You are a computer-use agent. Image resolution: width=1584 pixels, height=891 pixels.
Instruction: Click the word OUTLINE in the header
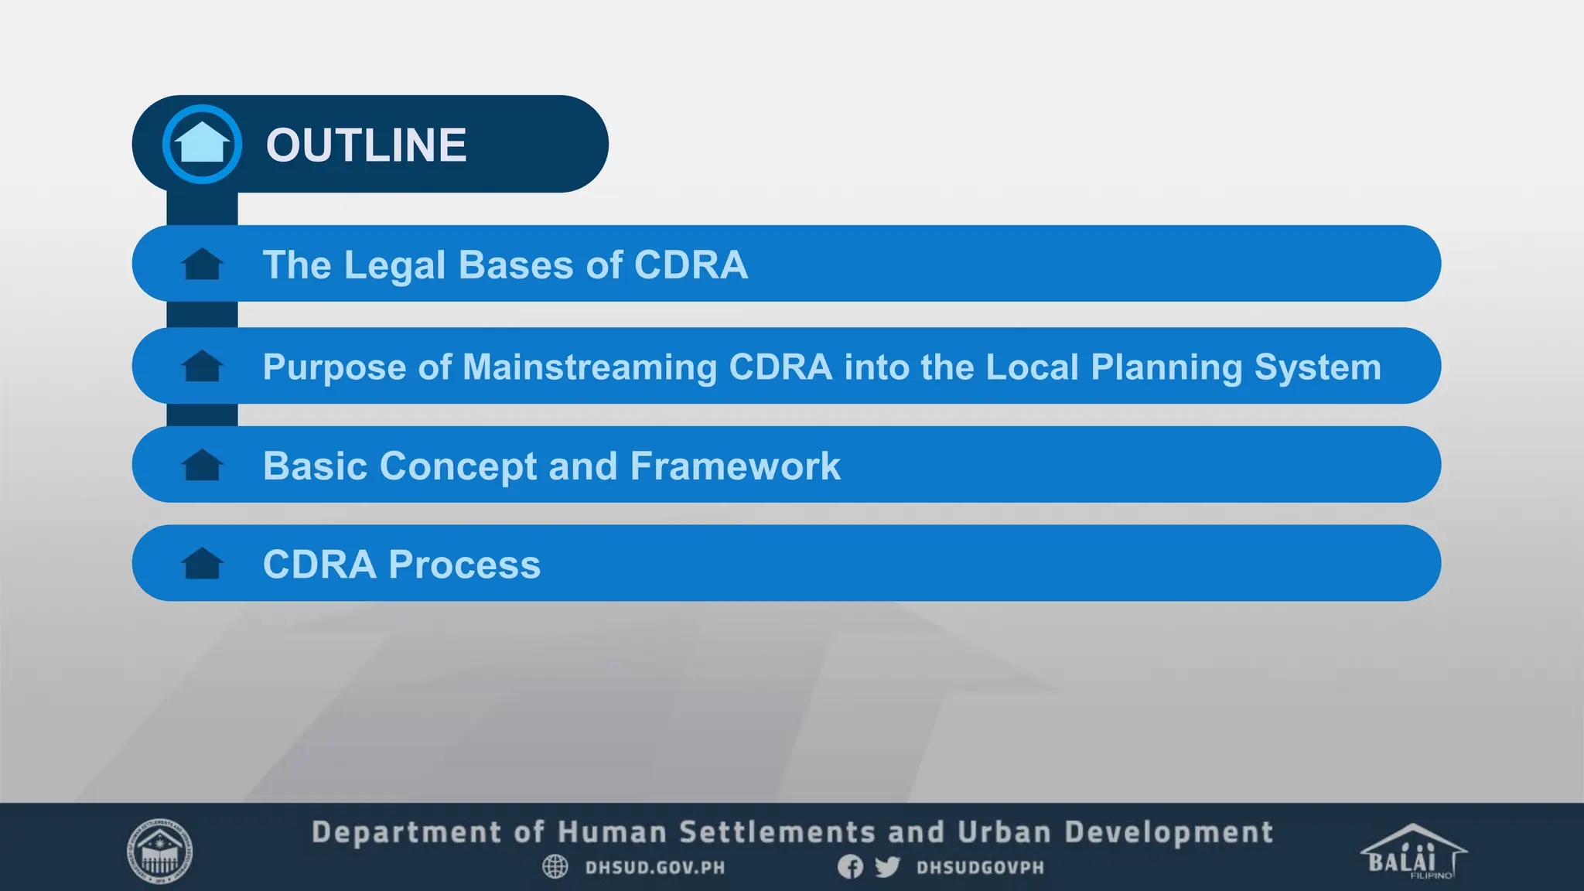pos(366,145)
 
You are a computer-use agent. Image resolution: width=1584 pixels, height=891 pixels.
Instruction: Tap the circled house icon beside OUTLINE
pos(202,144)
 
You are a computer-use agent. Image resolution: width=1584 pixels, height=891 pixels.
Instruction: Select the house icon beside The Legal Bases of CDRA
pos(202,265)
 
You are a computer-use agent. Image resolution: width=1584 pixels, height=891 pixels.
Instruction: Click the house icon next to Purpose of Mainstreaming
pos(202,366)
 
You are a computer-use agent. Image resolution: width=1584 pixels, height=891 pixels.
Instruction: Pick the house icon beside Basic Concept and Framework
pos(202,465)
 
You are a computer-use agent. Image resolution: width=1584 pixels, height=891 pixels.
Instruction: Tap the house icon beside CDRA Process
pos(202,564)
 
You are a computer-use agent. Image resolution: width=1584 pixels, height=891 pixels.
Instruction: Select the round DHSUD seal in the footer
pos(159,852)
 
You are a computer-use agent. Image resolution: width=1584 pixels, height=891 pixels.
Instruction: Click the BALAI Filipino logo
pos(1412,852)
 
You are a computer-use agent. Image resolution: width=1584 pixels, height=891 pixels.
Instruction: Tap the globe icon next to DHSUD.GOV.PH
pos(555,867)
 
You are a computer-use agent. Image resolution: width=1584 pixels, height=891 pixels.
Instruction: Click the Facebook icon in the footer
pos(850,867)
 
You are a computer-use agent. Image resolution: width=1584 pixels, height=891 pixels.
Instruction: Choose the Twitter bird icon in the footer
pos(887,867)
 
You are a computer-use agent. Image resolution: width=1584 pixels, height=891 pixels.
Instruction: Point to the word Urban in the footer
pos(1004,832)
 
